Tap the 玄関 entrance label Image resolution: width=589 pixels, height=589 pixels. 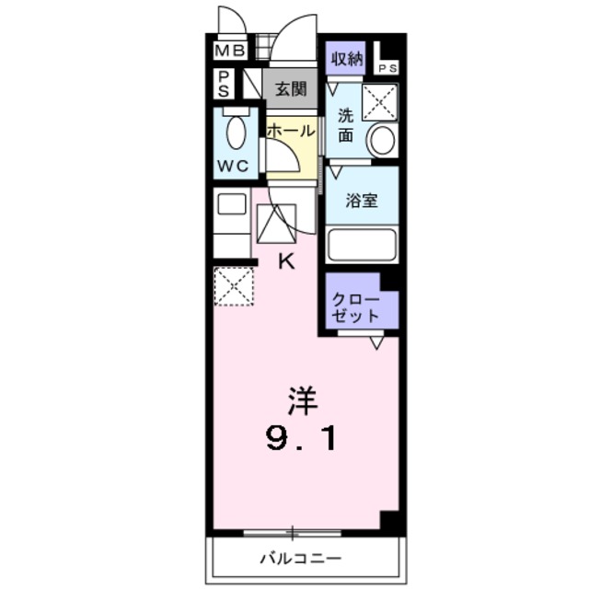click(291, 91)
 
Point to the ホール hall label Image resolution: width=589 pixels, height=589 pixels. click(291, 131)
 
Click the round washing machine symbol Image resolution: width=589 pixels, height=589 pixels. click(381, 141)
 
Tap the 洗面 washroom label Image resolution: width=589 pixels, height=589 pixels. click(344, 125)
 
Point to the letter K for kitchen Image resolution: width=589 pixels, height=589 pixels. click(285, 260)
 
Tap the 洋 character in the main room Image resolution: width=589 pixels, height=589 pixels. click(303, 398)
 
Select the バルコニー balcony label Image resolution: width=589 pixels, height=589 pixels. click(300, 558)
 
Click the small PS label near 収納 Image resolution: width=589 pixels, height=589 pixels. click(387, 66)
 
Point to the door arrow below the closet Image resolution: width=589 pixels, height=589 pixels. click(376, 343)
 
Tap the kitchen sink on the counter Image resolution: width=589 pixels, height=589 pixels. click(231, 204)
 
